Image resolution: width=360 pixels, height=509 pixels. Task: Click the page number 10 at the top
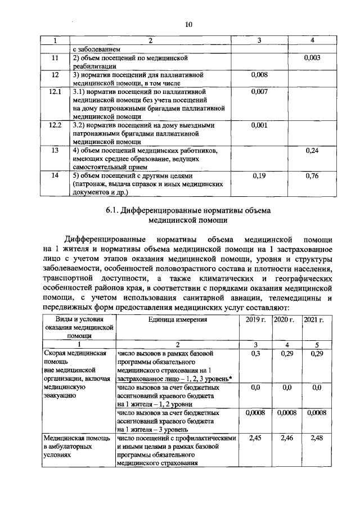[188, 24]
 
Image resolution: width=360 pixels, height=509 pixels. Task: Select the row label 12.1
[55, 91]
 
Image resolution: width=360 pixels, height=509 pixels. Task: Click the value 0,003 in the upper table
[312, 58]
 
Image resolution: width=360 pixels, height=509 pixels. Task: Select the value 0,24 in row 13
[312, 151]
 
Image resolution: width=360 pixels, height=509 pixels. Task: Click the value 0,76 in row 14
[312, 175]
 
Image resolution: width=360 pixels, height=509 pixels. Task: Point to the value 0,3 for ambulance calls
[256, 353]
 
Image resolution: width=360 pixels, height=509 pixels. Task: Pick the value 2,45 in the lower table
[256, 437]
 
